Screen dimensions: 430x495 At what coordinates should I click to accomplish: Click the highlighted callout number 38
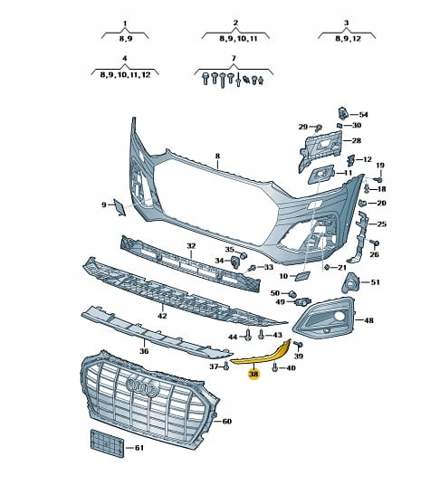click(253, 374)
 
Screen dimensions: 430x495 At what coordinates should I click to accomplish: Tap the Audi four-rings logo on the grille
click(143, 386)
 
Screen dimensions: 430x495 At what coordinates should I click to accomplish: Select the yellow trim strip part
click(262, 355)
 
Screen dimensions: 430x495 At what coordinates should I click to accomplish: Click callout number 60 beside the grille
click(227, 421)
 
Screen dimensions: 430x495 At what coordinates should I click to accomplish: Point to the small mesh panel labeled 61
click(108, 443)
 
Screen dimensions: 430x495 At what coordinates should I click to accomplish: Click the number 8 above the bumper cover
click(217, 156)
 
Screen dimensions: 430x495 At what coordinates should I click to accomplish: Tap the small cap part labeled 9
click(119, 207)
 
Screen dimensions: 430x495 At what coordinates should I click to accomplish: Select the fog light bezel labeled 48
click(323, 318)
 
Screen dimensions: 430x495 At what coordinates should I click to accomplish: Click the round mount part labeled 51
click(350, 283)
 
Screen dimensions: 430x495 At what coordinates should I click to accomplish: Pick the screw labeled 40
click(274, 367)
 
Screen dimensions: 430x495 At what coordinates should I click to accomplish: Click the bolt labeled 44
click(248, 335)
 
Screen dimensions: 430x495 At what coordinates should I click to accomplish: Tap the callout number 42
click(162, 316)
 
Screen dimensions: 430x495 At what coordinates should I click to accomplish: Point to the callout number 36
click(144, 351)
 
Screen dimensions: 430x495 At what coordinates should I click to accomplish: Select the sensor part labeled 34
click(235, 262)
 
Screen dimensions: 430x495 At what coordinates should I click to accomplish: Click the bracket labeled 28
click(320, 148)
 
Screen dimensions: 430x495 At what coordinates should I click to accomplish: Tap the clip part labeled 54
click(342, 114)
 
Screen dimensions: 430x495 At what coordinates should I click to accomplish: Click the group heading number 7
click(234, 59)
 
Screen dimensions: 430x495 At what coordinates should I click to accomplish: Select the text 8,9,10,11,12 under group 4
click(125, 75)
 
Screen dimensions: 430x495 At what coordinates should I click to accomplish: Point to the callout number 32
click(191, 246)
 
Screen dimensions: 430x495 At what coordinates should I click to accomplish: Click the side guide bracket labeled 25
click(360, 237)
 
